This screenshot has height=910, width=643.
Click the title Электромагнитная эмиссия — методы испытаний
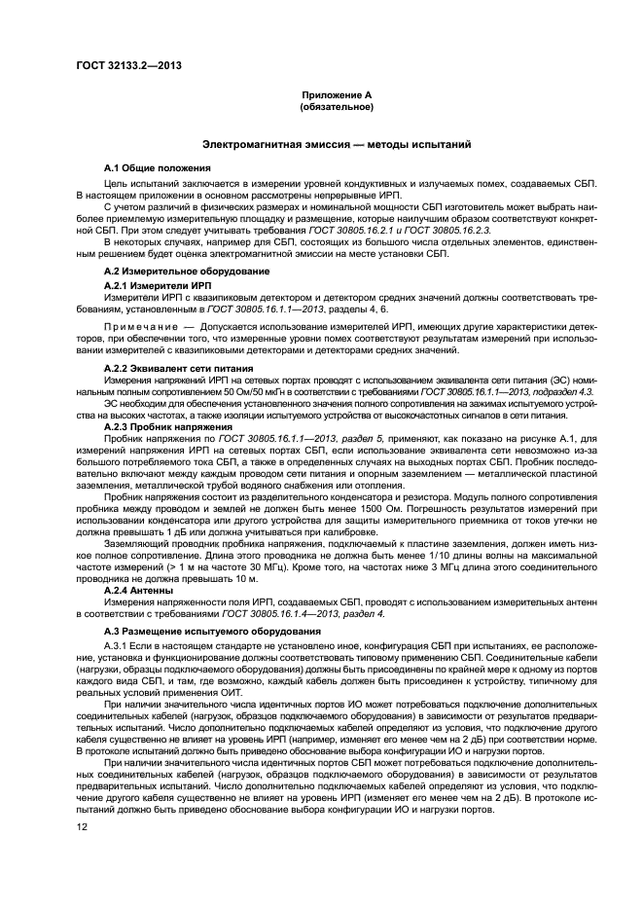click(x=337, y=144)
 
